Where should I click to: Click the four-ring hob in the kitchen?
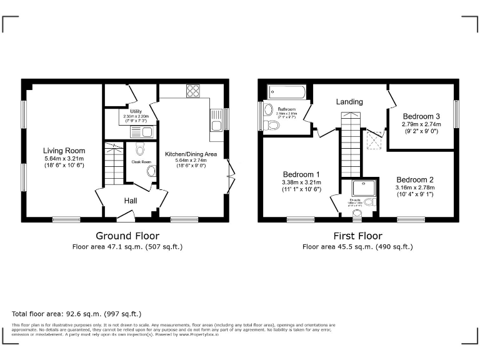pos(192,91)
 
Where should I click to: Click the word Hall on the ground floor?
pos(130,201)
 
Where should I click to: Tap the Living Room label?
pos(64,151)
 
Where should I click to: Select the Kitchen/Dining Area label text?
pos(191,153)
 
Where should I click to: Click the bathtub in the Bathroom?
pos(287,92)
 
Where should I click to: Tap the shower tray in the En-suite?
pos(361,187)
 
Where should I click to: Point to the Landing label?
pos(349,102)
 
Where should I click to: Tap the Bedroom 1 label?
pos(301,174)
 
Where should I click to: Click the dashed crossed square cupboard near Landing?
pos(375,139)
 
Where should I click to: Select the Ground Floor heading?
pos(127,236)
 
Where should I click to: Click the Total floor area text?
pos(76,313)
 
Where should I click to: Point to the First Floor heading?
pos(357,236)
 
